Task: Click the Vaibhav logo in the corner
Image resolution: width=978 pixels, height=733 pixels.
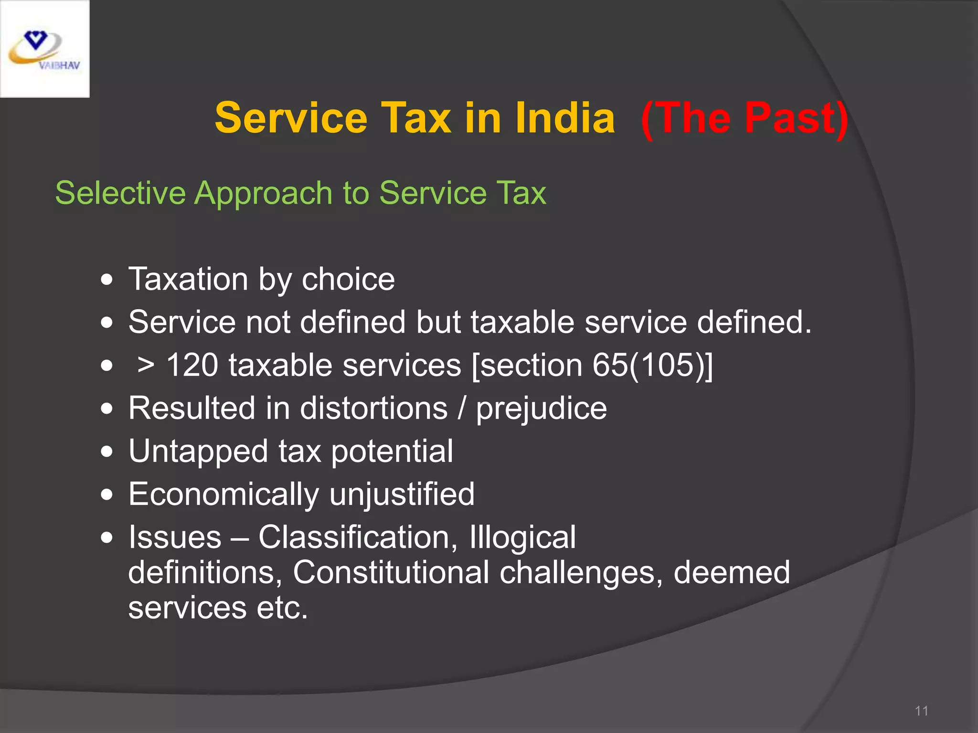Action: click(x=44, y=49)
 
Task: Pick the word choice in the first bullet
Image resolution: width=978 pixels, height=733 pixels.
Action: click(x=348, y=279)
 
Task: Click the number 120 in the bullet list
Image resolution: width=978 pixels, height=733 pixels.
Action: click(x=192, y=366)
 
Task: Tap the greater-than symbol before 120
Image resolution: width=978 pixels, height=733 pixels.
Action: click(x=146, y=366)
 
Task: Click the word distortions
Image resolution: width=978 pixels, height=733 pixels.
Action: click(x=374, y=408)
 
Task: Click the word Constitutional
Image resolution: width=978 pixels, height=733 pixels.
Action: click(x=391, y=572)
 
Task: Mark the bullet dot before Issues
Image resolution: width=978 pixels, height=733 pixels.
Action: click(x=107, y=538)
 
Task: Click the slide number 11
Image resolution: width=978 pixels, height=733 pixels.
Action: click(x=921, y=711)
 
